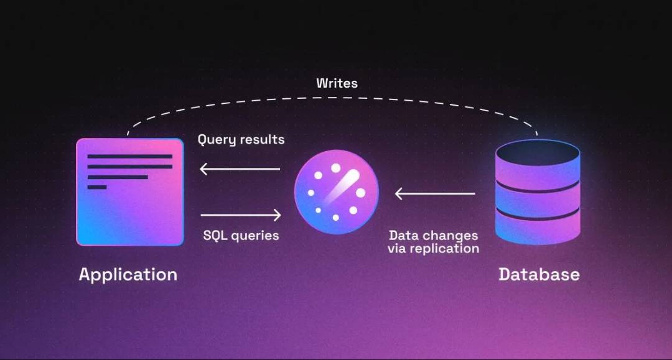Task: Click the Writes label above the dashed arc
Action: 337,83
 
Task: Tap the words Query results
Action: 241,139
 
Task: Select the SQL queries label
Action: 241,236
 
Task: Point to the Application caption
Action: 128,275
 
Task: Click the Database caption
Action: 539,274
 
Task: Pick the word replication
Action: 444,249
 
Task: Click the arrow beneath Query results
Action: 240,169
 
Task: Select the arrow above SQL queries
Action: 241,215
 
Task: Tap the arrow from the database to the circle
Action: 435,193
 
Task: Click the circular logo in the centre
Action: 337,192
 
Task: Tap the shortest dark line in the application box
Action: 97,187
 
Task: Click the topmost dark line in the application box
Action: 130,157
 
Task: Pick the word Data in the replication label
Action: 403,236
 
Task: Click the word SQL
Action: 215,235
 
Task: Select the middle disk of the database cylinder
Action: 538,200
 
